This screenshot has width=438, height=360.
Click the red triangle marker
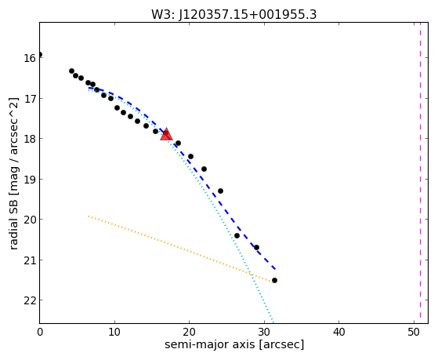point(166,135)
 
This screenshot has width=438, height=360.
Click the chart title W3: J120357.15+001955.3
point(233,15)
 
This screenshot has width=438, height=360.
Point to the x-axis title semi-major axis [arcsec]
point(234,344)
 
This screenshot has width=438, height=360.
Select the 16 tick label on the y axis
point(30,58)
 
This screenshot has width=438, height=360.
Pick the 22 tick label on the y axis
point(30,300)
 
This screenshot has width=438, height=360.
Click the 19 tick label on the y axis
point(30,180)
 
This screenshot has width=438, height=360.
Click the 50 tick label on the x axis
point(414,332)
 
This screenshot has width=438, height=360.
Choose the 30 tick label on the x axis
point(264,332)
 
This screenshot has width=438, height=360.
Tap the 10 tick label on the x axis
point(114,332)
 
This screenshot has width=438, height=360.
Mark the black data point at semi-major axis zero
point(40,55)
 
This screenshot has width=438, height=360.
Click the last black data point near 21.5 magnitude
point(274,280)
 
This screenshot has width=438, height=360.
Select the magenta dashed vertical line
point(420,173)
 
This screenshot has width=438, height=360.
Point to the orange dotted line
point(180,249)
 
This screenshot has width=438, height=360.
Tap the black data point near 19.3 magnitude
point(220,191)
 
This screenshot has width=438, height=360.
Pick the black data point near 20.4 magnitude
point(237,236)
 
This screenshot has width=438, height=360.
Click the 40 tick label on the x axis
point(338,332)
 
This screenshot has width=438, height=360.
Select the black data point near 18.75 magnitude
point(204,169)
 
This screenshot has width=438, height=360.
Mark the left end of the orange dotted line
point(89,216)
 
